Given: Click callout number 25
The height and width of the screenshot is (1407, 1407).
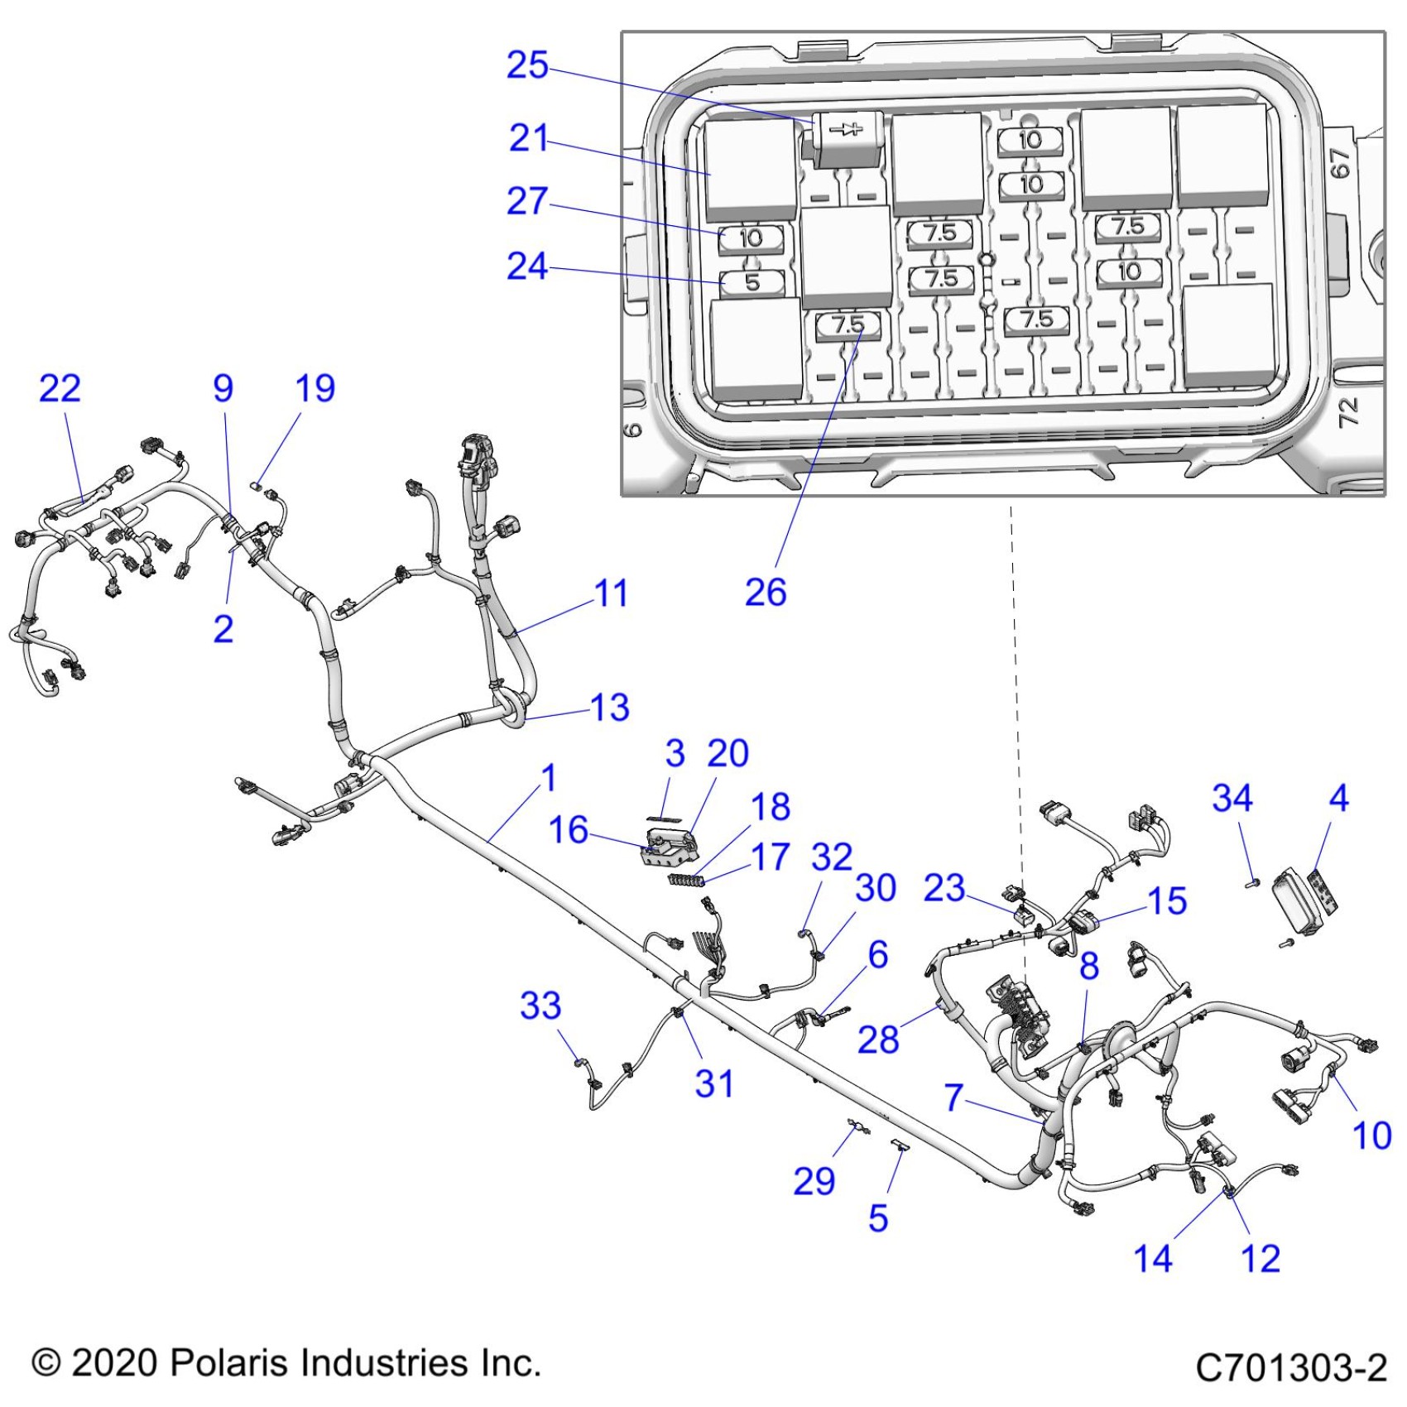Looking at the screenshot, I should click(x=527, y=65).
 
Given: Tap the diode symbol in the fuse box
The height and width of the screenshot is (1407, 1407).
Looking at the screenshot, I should click(x=845, y=129).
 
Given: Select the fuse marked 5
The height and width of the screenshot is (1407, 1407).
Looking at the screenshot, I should click(x=752, y=282).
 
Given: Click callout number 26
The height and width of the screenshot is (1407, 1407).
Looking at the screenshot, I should click(x=766, y=593).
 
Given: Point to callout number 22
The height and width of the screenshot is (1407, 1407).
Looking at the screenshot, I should click(x=60, y=388).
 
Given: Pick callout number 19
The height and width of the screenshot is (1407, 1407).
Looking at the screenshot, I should click(x=315, y=388).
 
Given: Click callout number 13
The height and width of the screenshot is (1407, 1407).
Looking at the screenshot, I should click(x=610, y=708).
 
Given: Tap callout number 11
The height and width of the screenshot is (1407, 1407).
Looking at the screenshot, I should click(x=612, y=593).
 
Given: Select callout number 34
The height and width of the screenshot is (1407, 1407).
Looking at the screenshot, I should click(x=1232, y=798).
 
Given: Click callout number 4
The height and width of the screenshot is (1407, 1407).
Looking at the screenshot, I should click(x=1338, y=798).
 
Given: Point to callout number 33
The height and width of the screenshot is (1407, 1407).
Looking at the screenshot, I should click(x=540, y=1006).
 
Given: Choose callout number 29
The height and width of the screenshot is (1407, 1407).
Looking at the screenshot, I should click(x=814, y=1181).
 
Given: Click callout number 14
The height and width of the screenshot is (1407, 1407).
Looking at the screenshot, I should click(x=1153, y=1259).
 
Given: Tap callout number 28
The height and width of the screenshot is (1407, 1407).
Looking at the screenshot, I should click(x=878, y=1040).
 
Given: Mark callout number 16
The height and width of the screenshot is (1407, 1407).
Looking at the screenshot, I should click(x=569, y=830).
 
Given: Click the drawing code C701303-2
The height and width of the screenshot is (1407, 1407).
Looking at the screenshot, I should click(x=1291, y=1367).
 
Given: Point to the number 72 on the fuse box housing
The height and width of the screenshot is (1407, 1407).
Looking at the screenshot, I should click(x=1348, y=411).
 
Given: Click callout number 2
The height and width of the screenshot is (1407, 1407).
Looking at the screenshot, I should click(x=223, y=629).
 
